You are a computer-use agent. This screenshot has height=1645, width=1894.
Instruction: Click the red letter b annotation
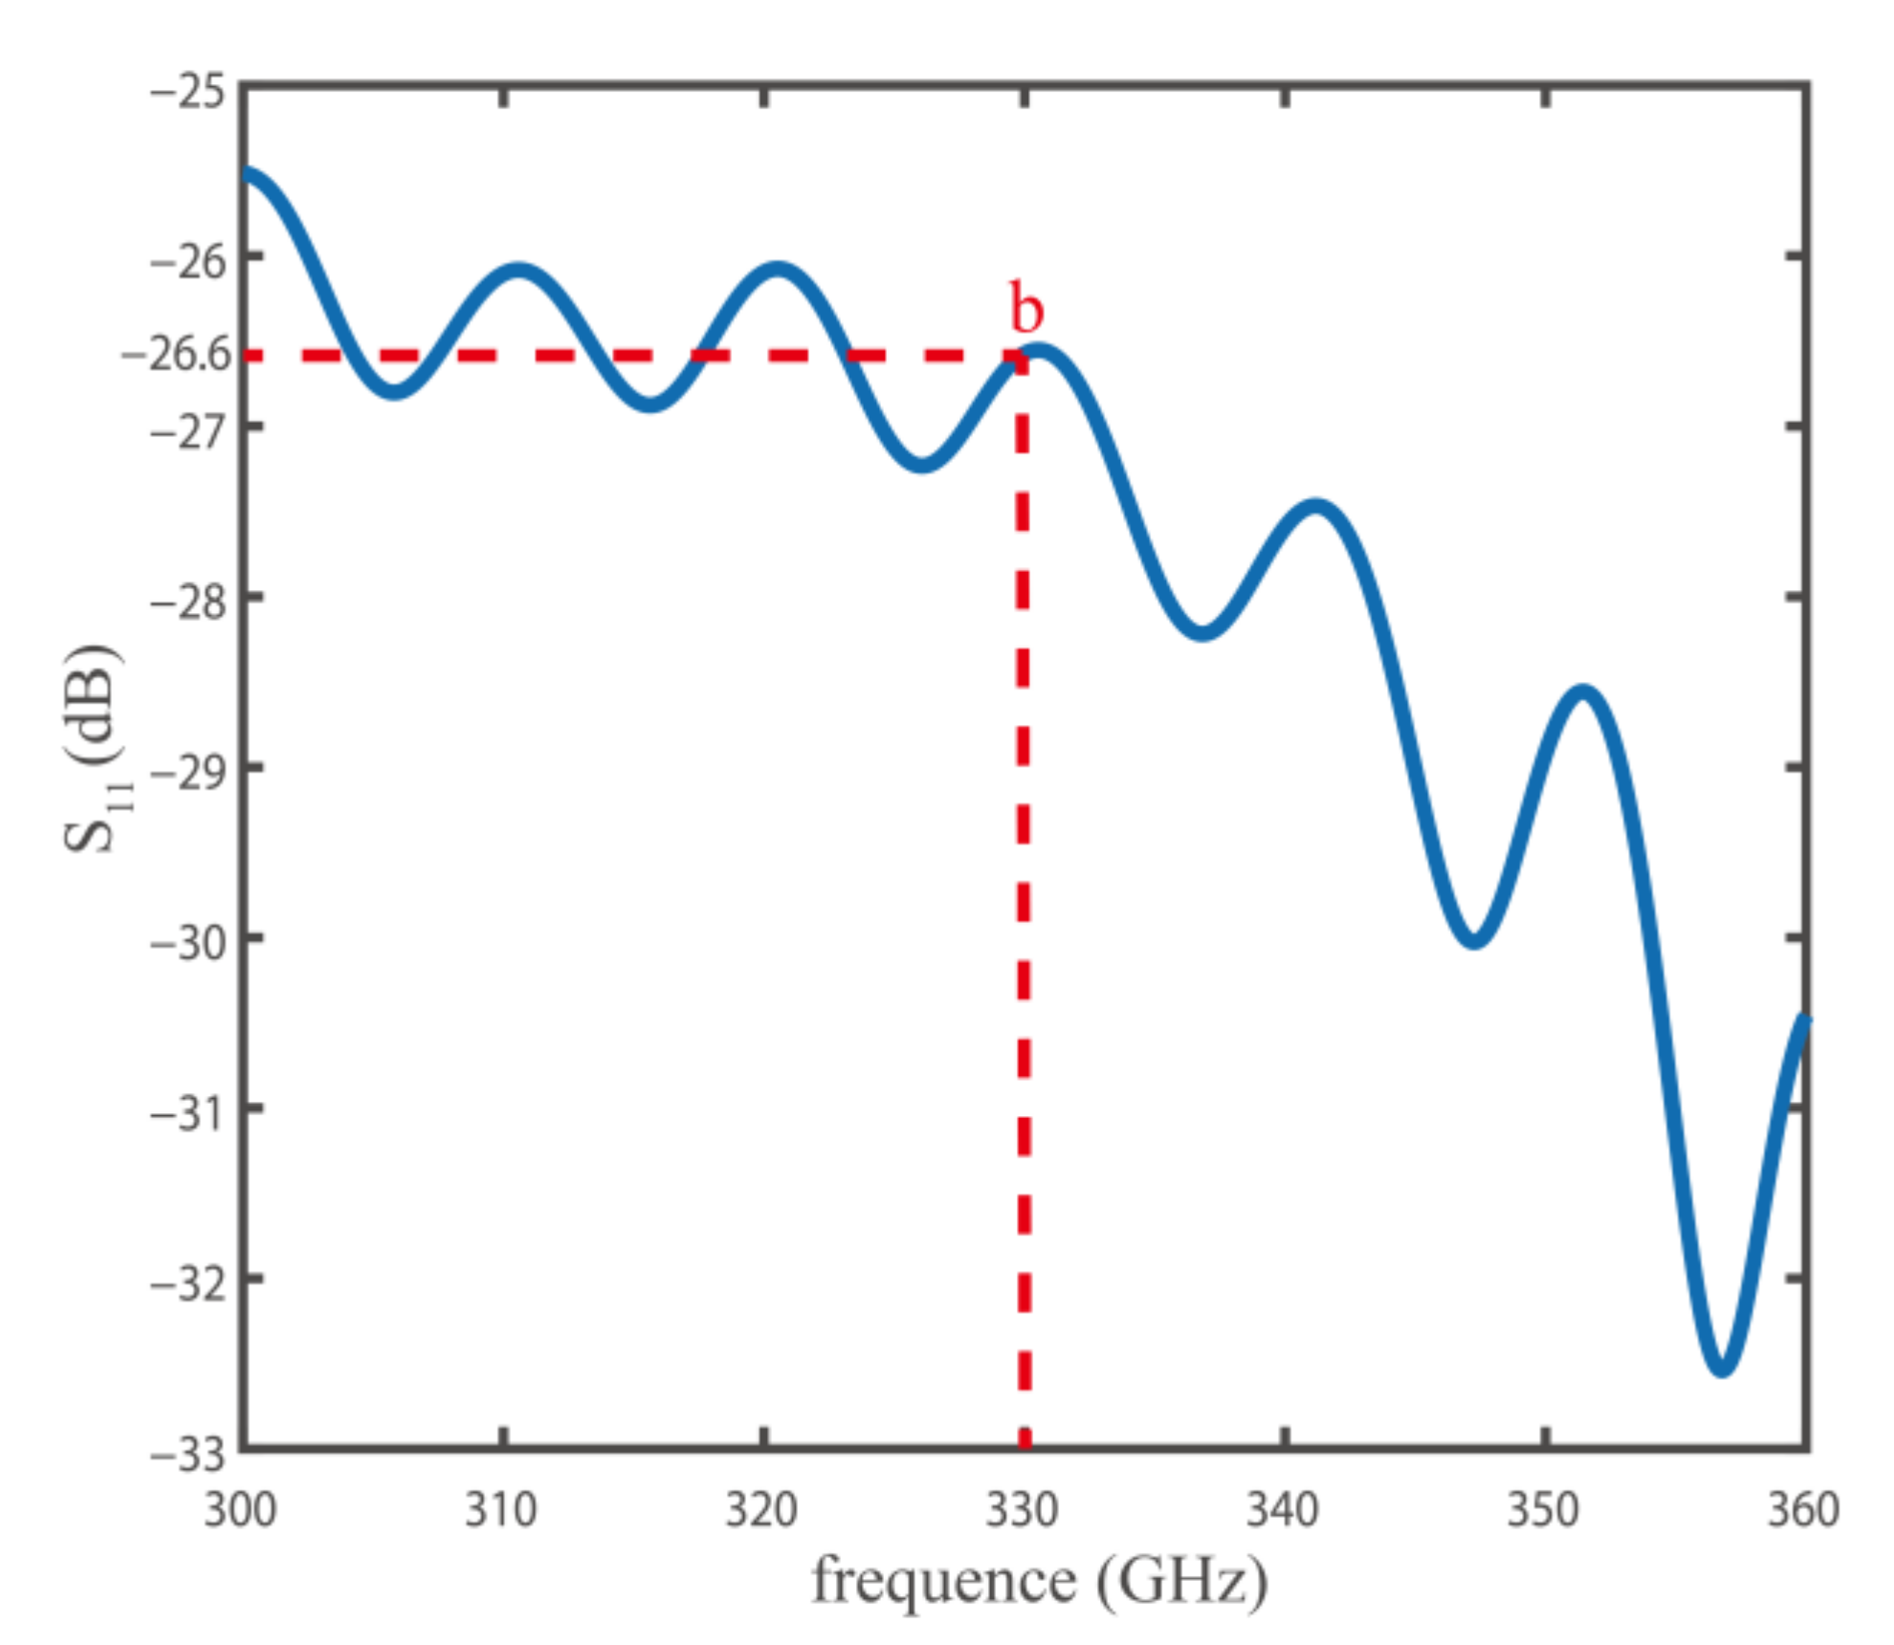coord(1026,309)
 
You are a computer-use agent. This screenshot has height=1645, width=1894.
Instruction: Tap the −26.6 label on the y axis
coord(177,355)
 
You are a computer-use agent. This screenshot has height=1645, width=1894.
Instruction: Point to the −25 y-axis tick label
coord(188,93)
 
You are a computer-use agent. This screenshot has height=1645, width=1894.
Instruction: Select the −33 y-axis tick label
coord(188,1455)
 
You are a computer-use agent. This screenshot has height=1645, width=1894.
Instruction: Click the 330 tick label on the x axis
coord(1022,1510)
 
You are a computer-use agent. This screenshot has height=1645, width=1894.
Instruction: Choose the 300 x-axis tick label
coord(240,1510)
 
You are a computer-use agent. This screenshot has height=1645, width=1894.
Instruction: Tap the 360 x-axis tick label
coord(1802,1510)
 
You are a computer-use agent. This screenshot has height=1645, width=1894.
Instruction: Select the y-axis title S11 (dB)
coord(93,748)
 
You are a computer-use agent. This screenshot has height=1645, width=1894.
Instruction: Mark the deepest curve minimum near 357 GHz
coord(1722,1368)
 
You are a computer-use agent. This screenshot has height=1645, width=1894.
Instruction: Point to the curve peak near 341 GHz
coord(1316,507)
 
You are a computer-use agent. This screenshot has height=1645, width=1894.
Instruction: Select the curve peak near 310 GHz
coord(518,271)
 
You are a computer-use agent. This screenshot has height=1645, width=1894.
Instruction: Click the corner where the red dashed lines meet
coord(1023,356)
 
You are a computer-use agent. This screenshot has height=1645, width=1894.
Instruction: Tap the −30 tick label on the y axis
coord(188,943)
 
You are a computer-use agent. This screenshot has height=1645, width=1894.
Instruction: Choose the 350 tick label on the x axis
coord(1543,1510)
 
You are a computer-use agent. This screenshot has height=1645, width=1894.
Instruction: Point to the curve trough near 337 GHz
coord(1201,631)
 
